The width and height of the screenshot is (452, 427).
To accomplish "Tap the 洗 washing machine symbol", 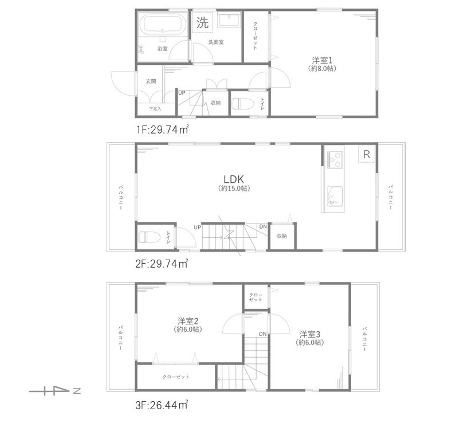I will (x=203, y=23).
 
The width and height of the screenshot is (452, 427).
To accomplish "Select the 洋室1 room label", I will (x=323, y=60).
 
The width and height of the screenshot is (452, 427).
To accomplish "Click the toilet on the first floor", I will (x=242, y=104).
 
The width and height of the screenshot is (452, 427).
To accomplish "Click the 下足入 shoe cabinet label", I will (x=155, y=108).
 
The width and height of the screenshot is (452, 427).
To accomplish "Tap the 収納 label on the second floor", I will (x=281, y=236).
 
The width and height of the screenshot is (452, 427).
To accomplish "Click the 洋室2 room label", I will (x=187, y=321).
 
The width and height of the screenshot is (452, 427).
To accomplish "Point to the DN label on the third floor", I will (x=262, y=334).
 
